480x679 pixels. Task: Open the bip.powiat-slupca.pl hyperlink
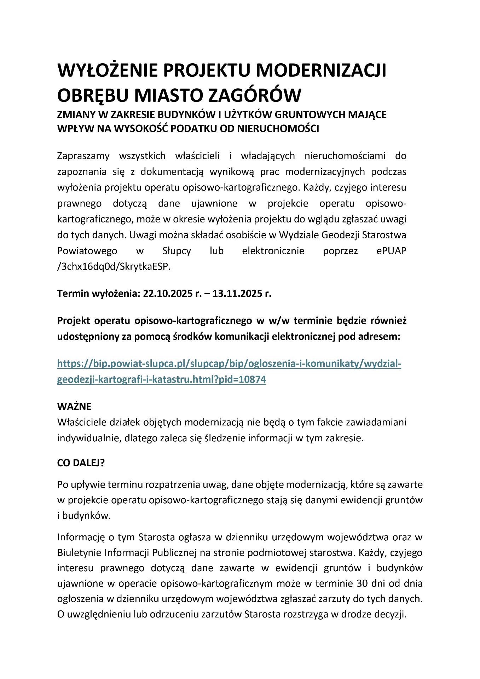tap(229, 364)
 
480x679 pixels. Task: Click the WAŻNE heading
tap(74, 406)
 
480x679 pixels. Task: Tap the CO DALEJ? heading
tap(81, 463)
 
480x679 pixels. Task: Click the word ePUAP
tap(391, 251)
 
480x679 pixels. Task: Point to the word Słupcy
tap(177, 251)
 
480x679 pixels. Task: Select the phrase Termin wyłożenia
tap(99, 294)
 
